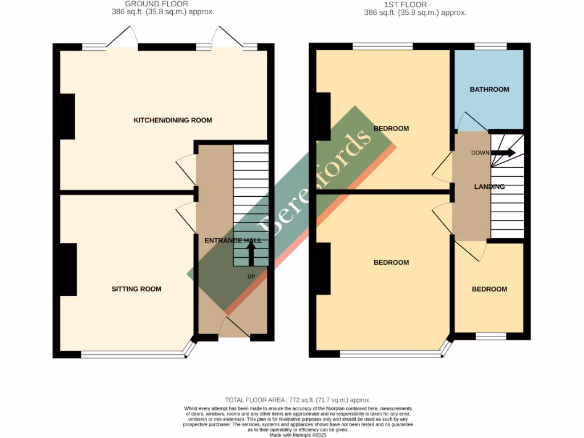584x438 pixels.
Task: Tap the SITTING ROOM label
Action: coord(136,289)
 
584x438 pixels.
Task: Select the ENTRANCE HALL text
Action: coord(233,241)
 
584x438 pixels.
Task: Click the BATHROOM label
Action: coord(489,90)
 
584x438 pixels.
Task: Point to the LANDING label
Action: coord(489,187)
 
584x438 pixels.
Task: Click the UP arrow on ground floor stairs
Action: coord(250,254)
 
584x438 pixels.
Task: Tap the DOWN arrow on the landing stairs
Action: coord(504,153)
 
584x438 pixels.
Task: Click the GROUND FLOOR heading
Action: coord(156,4)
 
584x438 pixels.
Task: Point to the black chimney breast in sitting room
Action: coord(68,269)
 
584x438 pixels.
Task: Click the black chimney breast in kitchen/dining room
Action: coord(67,116)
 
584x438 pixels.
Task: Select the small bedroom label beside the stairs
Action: coord(489,289)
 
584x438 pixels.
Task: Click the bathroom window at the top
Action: coord(491,46)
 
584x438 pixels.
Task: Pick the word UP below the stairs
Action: coord(251,277)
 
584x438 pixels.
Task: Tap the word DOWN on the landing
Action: coord(480,153)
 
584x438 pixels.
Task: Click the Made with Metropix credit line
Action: coord(298,435)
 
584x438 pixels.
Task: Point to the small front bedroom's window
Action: coord(491,336)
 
